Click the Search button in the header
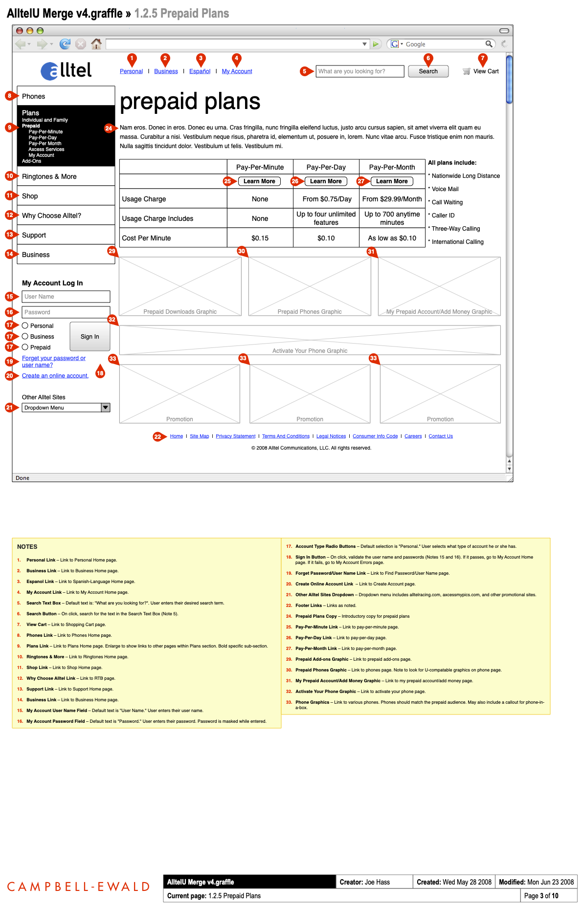coord(428,71)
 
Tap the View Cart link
coord(485,71)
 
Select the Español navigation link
coord(200,71)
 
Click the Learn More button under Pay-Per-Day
coord(326,181)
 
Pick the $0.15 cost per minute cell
coord(260,238)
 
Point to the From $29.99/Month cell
coord(392,199)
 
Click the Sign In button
coord(90,337)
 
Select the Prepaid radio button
coord(25,347)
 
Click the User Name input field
coord(66,297)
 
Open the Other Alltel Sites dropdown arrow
coord(106,408)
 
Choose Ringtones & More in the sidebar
coord(49,176)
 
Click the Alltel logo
coord(67,71)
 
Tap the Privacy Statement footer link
coord(235,436)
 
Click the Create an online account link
coord(55,376)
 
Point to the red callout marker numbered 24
coord(109,129)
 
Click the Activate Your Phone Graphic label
coord(310,351)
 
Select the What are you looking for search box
coord(359,71)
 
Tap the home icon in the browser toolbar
coord(96,44)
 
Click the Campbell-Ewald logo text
coord(78,886)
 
